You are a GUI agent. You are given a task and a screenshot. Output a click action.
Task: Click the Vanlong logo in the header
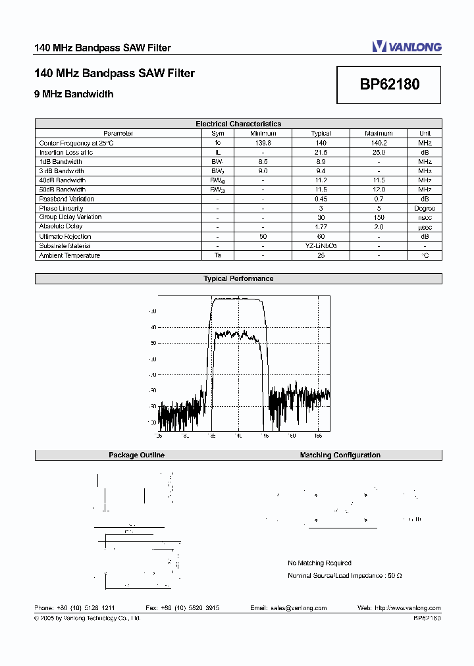(x=406, y=46)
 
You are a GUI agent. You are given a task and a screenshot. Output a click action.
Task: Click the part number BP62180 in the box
(x=389, y=84)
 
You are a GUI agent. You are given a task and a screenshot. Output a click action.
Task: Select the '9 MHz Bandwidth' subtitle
(x=74, y=94)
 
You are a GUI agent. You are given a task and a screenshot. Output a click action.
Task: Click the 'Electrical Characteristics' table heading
(x=238, y=124)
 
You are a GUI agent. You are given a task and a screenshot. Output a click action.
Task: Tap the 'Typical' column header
(x=321, y=134)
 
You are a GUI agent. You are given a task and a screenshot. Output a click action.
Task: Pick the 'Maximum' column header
(x=379, y=134)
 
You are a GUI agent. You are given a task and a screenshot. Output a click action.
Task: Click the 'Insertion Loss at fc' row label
(x=66, y=152)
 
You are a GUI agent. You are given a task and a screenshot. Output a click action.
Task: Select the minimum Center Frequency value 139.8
(x=263, y=143)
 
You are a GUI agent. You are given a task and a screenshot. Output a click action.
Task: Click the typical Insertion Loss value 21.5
(x=321, y=152)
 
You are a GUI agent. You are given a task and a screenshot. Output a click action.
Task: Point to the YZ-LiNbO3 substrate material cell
(x=321, y=245)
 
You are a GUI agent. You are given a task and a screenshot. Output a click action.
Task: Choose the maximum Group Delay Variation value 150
(x=379, y=217)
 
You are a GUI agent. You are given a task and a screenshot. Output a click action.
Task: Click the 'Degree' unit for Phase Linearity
(x=425, y=208)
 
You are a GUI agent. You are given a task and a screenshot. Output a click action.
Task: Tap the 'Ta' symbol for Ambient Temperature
(x=217, y=255)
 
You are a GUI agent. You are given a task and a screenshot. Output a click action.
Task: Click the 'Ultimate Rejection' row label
(x=65, y=236)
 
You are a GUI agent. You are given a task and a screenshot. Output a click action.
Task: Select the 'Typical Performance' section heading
(x=238, y=279)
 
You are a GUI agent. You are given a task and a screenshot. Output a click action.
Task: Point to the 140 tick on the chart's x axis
(x=238, y=435)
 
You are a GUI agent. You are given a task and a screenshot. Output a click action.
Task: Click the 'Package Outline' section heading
(x=136, y=455)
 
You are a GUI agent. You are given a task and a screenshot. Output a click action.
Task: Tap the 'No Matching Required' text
(x=319, y=563)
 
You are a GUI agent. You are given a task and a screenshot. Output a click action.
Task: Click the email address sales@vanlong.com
(x=298, y=608)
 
